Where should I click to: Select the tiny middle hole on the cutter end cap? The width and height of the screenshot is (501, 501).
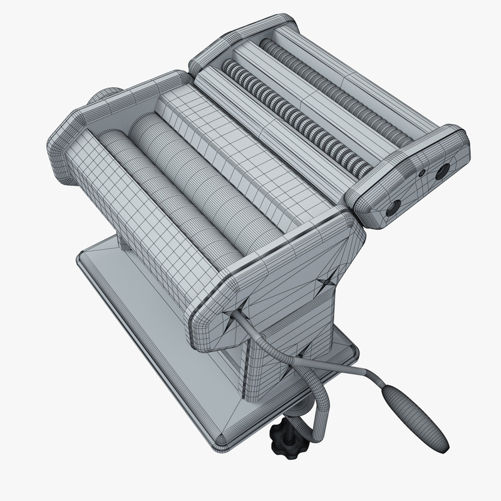pyautogui.click(x=422, y=172)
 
